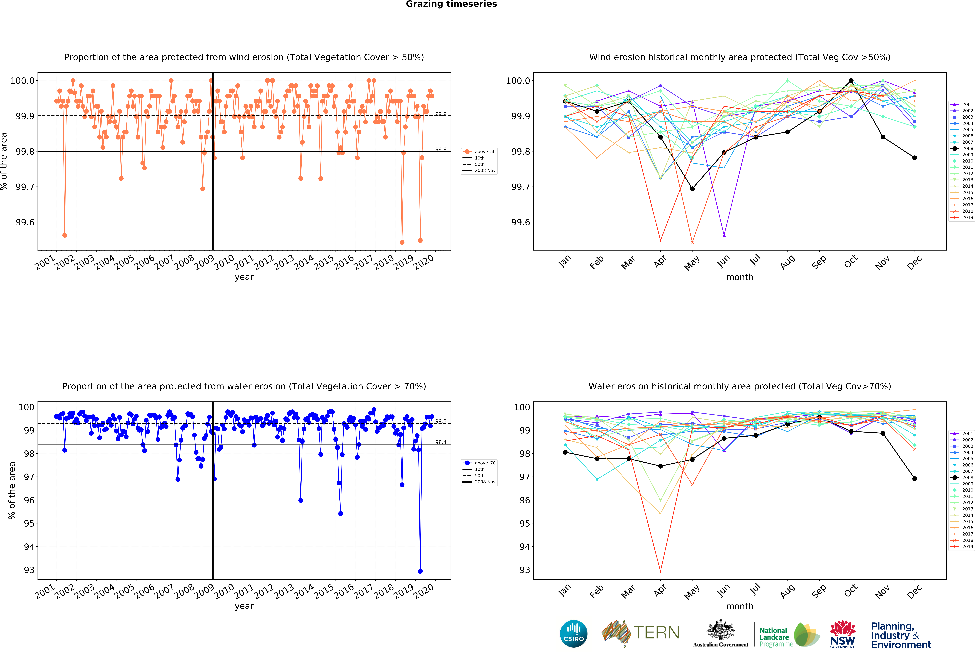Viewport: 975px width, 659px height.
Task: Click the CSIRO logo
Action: [573, 633]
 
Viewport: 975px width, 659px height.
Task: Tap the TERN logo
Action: [641, 633]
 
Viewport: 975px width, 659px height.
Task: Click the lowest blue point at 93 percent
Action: [420, 571]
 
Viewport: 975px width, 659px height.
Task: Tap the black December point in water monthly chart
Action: [915, 479]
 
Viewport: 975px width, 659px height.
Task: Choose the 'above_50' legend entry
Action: [485, 152]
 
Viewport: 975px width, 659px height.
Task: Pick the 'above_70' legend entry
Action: [485, 463]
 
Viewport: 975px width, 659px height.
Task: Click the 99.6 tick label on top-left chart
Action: [25, 222]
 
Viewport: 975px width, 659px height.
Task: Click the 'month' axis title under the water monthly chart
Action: [740, 606]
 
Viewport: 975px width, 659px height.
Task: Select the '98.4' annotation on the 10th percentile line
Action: [441, 442]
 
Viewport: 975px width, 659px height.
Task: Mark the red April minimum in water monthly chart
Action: [660, 571]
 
